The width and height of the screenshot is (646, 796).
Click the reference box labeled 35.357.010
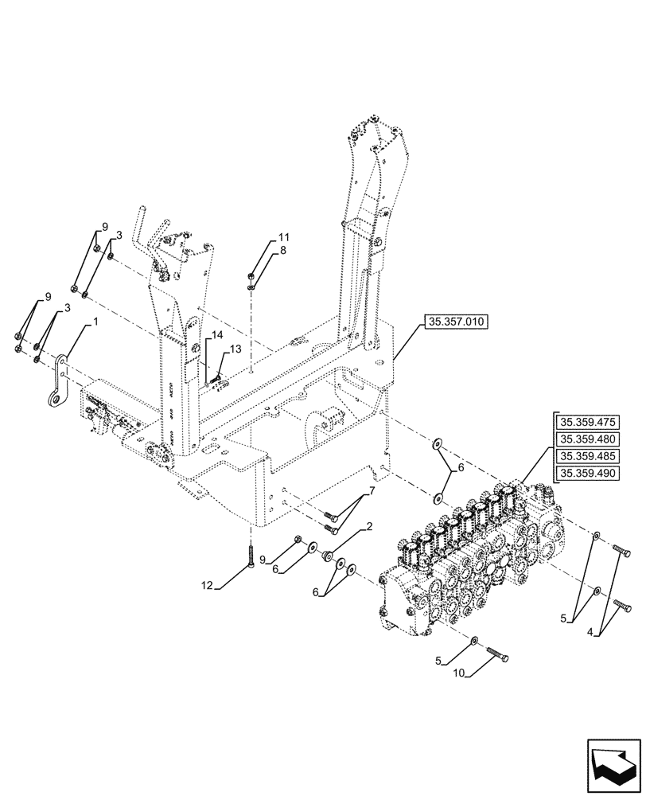coord(458,322)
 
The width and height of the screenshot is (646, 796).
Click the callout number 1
coord(96,322)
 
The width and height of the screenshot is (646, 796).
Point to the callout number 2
coord(369,527)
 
